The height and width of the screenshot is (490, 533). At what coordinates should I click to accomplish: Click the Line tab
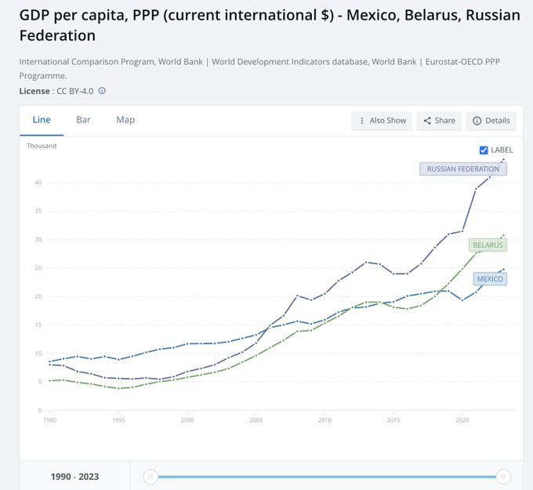tap(42, 120)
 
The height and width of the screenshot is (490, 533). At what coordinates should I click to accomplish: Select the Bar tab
tap(83, 120)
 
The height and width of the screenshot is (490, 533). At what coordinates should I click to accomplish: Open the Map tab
tap(125, 120)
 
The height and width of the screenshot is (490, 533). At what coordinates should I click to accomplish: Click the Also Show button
tap(383, 121)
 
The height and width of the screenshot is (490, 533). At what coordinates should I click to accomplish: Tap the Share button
tap(439, 121)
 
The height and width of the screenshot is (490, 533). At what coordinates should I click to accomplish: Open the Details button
tap(491, 121)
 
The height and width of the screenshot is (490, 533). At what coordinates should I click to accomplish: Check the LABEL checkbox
tap(484, 150)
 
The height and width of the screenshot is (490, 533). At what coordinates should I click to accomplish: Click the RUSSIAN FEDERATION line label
tap(463, 169)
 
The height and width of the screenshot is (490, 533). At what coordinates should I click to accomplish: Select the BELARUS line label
tap(488, 245)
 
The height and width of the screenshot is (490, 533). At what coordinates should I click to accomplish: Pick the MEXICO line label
tap(491, 279)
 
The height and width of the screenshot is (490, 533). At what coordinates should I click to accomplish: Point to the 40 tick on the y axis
tap(38, 183)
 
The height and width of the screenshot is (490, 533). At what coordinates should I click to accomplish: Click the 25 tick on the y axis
tap(38, 268)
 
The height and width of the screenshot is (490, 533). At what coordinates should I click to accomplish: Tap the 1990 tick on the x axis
tap(50, 420)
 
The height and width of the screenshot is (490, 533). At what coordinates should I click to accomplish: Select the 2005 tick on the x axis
tap(256, 420)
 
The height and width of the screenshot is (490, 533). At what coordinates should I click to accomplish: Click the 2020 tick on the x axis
tap(462, 420)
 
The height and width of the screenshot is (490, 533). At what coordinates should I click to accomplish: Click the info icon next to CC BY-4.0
tap(102, 91)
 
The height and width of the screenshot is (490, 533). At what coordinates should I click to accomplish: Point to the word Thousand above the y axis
tap(42, 146)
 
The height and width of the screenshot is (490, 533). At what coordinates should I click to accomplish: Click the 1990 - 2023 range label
tap(75, 477)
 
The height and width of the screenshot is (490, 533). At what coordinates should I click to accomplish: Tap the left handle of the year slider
tap(150, 476)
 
